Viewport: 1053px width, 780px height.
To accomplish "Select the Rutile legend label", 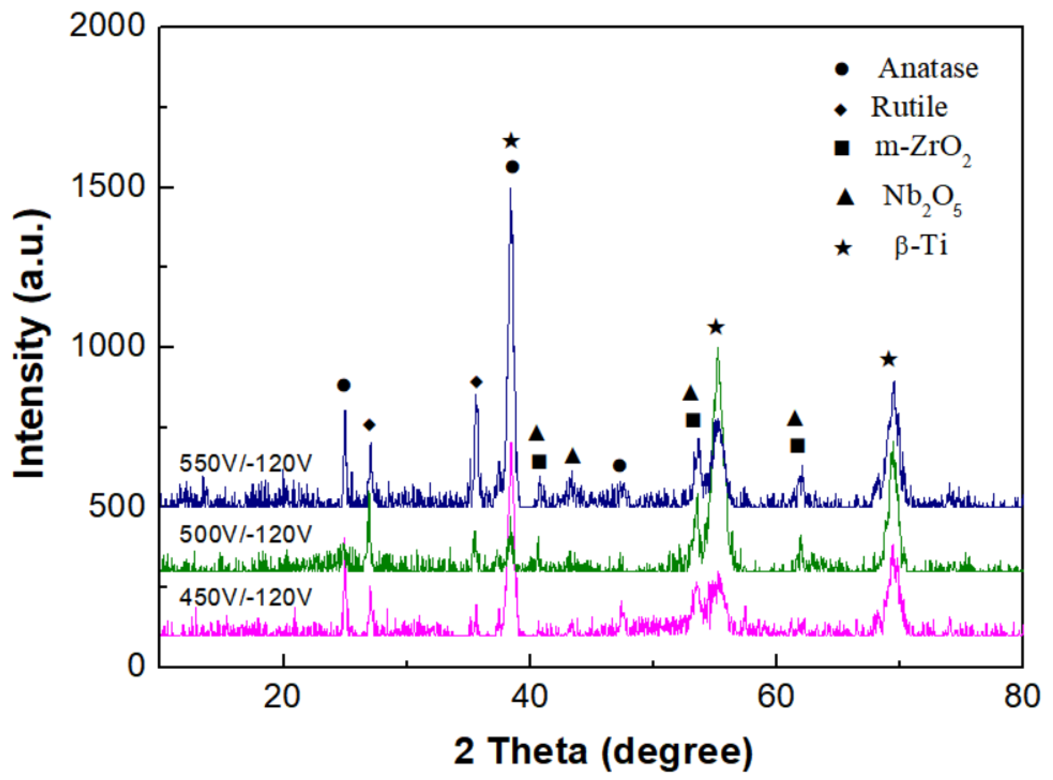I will (909, 108).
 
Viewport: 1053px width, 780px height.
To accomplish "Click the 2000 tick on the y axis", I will (107, 27).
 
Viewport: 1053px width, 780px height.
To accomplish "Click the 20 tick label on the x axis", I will (282, 697).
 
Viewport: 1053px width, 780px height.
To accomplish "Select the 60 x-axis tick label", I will (775, 697).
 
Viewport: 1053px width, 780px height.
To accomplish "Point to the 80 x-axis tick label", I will (1022, 697).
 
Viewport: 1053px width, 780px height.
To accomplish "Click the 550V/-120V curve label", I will (245, 464).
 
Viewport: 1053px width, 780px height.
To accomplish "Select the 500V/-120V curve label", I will (245, 534).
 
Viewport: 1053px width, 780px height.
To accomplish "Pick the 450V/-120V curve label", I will (245, 598).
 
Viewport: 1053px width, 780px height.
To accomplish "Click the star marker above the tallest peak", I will (511, 141).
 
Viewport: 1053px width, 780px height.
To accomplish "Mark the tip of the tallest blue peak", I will (510, 189).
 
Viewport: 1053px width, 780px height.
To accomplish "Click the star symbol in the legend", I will (842, 248).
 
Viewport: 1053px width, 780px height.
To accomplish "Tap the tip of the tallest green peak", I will (718, 348).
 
